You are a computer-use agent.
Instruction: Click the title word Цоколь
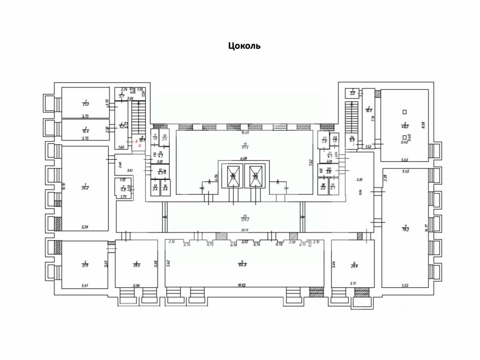(x=244, y=46)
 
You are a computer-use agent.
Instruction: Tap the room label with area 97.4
(x=244, y=145)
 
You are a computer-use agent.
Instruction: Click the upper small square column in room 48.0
(x=404, y=112)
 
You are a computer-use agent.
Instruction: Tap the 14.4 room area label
(x=85, y=130)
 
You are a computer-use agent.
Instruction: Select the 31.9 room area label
(x=85, y=264)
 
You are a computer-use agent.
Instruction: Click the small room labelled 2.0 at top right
(x=352, y=92)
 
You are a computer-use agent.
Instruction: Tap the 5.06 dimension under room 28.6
(x=136, y=285)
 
